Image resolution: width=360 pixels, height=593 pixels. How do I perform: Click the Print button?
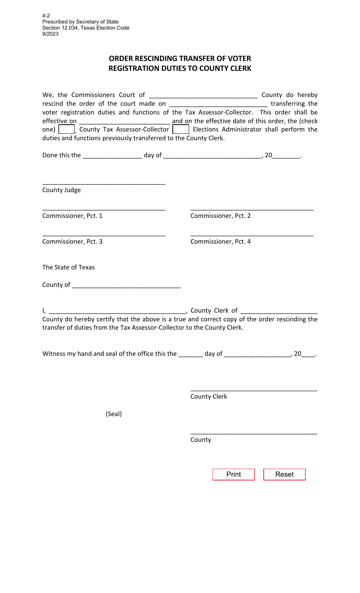click(233, 474)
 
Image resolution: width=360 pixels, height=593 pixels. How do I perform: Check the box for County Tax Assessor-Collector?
click(67, 129)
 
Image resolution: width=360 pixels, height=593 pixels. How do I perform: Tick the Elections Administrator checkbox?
click(181, 129)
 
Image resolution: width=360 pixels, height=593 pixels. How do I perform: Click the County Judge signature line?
click(104, 183)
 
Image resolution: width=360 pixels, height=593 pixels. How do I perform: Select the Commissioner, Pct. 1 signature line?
click(104, 208)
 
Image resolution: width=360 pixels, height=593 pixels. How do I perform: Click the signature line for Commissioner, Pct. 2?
click(252, 208)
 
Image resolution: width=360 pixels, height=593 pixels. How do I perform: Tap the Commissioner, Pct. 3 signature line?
click(104, 234)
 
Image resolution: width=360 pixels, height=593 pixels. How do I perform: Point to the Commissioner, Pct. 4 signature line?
click(252, 234)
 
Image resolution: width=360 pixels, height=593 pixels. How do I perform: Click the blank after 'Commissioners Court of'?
click(203, 95)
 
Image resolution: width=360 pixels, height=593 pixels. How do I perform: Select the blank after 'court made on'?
click(218, 104)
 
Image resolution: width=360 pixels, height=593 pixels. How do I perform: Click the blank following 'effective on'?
click(124, 121)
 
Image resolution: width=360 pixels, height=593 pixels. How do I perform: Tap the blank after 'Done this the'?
click(112, 155)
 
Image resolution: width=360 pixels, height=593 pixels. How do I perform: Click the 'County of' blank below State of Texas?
click(126, 285)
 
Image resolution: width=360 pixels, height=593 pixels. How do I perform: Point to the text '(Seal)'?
click(114, 414)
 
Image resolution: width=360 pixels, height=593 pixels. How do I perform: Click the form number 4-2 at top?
click(46, 16)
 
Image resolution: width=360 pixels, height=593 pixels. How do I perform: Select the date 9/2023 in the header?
click(50, 34)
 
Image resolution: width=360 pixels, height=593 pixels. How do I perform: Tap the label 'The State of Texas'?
click(69, 267)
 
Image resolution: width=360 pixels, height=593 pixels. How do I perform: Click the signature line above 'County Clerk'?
click(254, 389)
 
